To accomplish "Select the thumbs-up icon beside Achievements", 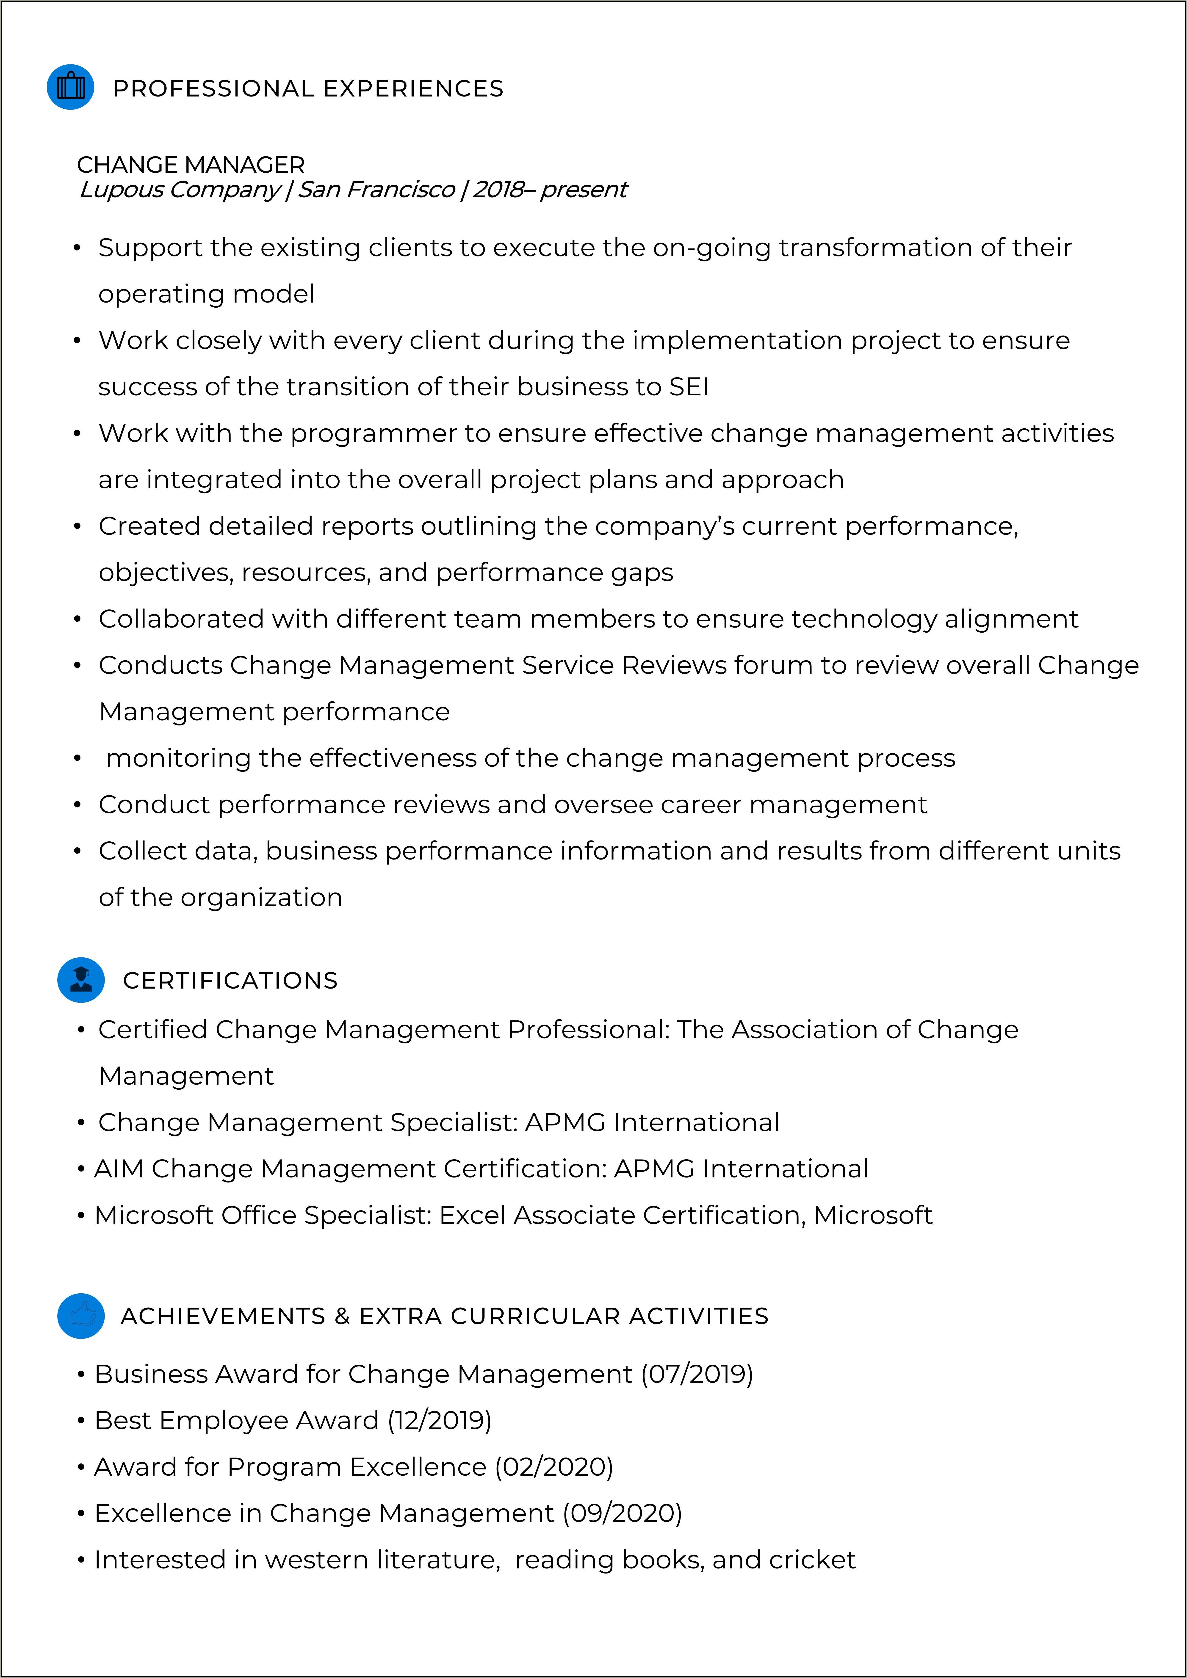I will tap(81, 1315).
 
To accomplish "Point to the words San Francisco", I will tap(376, 189).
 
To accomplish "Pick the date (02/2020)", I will tap(554, 1467).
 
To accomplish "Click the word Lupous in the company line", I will tap(122, 189).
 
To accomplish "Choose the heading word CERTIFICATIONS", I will tap(230, 981).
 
